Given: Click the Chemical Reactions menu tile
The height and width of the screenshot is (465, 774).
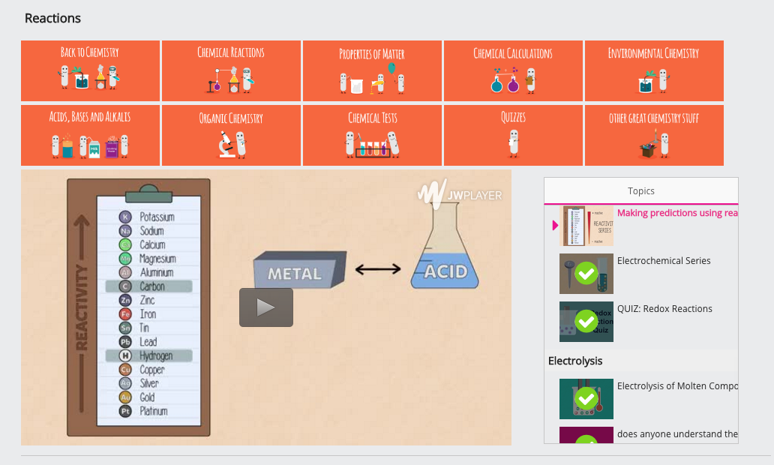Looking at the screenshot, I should [231, 70].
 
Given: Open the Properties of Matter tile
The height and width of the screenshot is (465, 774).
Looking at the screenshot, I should [372, 70].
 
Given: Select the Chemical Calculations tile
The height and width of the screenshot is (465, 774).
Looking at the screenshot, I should [513, 70].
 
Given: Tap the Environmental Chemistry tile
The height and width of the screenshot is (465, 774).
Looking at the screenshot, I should [654, 70].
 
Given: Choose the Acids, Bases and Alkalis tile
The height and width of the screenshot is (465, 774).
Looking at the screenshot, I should [90, 135].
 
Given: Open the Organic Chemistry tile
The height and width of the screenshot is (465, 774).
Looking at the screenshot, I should [231, 135].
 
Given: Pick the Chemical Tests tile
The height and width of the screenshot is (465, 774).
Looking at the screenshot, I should [372, 135].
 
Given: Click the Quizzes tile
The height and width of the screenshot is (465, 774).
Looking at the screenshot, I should [513, 135].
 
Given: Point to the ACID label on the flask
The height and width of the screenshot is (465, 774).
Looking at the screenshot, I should [445, 271].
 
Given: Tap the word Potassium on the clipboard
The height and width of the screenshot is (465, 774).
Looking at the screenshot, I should [157, 217].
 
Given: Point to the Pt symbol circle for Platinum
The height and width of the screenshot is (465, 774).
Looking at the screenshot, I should [125, 411].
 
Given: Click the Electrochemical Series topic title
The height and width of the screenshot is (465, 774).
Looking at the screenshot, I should [664, 261].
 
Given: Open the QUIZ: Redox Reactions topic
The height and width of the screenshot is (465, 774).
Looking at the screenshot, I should [664, 309].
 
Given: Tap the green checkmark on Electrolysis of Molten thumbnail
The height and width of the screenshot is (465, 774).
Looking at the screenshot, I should [586, 399].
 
